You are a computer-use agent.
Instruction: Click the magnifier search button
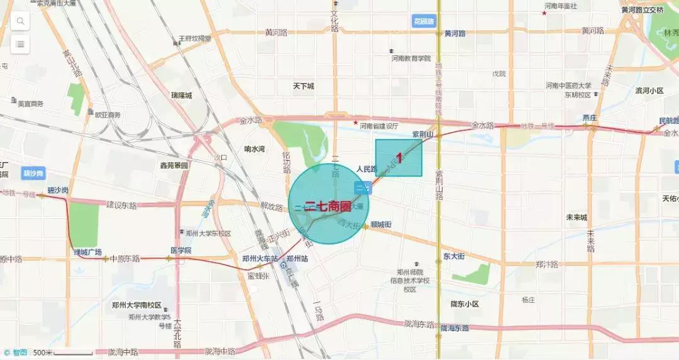coord(20,21)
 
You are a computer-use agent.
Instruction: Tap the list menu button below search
coord(20,45)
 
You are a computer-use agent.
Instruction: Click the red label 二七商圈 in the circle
coord(328,205)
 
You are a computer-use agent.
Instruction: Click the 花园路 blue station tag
coord(424,21)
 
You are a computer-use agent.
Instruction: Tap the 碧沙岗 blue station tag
coord(33,173)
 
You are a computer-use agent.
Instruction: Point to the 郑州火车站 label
coord(260,258)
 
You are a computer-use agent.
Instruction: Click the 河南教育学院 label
coord(411,58)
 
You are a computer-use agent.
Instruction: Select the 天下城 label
coord(303,85)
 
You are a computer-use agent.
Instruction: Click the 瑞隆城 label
coord(181,95)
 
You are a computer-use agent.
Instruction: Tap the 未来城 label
coord(576,217)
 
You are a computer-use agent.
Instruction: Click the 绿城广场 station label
coord(87,253)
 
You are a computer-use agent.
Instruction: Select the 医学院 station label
coord(180,250)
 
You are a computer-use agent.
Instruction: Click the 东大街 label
coord(453,256)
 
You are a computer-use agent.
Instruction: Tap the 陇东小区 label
coord(465,304)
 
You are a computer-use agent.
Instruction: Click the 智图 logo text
coord(19,352)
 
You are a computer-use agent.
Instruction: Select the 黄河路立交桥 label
coord(642,10)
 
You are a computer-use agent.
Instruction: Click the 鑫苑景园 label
coord(174,165)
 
